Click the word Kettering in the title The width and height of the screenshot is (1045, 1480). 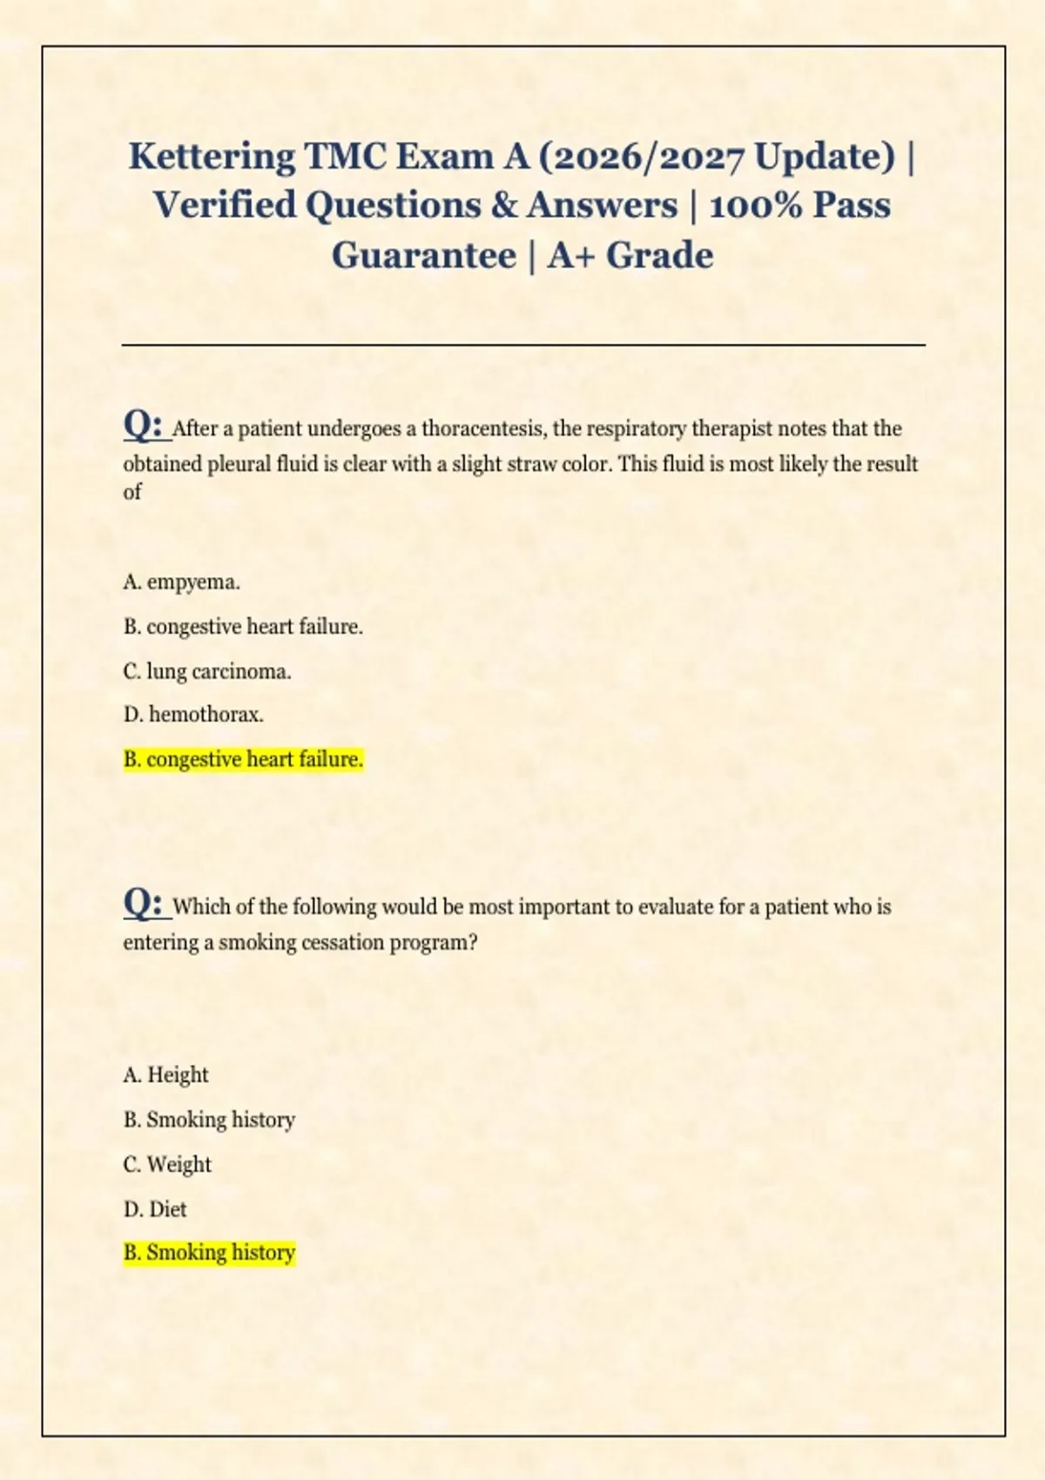[212, 157]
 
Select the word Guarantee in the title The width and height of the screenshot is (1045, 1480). [423, 256]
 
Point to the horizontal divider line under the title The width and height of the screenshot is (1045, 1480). [522, 345]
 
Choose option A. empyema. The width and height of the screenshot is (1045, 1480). [181, 582]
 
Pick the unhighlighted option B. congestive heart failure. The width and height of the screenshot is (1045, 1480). [243, 627]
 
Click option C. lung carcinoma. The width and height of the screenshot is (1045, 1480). [207, 672]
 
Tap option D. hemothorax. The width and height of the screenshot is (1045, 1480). [193, 716]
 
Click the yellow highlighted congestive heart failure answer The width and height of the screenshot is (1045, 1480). [243, 760]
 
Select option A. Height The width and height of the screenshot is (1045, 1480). [165, 1075]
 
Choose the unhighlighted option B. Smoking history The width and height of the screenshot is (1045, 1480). [209, 1120]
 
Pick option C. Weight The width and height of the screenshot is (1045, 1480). [167, 1165]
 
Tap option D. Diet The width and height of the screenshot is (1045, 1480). [155, 1209]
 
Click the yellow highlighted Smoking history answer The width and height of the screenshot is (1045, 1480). [209, 1253]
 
